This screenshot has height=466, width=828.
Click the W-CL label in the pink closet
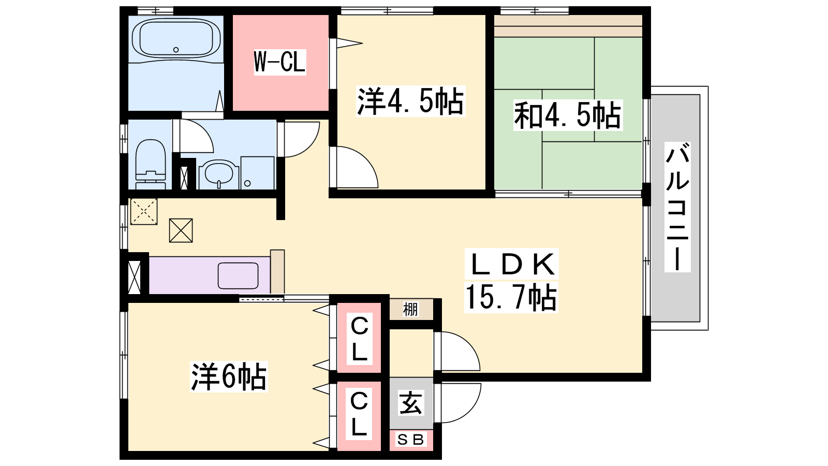click(x=280, y=62)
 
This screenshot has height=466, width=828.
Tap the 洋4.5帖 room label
click(x=410, y=101)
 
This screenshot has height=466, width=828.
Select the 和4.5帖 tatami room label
click(x=568, y=115)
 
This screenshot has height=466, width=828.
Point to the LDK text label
click(x=512, y=264)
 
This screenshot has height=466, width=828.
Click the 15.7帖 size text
click(x=511, y=297)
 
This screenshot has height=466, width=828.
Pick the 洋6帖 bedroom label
click(x=228, y=376)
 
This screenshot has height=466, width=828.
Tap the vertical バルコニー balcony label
click(x=677, y=207)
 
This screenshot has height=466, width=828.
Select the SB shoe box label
click(x=410, y=440)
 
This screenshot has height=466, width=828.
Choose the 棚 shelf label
click(x=410, y=309)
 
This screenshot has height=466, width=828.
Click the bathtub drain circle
click(x=176, y=50)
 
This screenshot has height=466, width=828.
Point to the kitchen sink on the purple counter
click(x=238, y=275)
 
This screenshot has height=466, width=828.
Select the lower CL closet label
click(x=359, y=414)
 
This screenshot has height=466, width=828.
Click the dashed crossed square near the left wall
click(x=144, y=211)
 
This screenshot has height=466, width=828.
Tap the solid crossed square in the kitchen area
click(x=181, y=230)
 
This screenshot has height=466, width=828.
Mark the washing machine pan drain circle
click(x=247, y=183)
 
